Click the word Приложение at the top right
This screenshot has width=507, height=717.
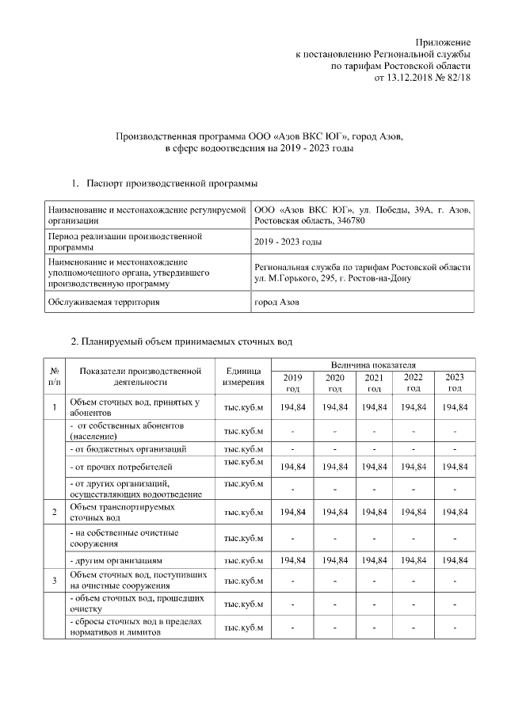point(444,41)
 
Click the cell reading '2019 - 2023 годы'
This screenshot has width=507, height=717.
point(287,242)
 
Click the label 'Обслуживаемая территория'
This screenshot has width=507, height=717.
point(103,303)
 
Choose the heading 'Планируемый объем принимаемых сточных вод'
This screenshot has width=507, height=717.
point(182,341)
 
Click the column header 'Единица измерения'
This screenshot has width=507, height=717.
point(243,376)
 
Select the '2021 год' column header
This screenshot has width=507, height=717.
point(374,383)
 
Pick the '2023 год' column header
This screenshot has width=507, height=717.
point(455,383)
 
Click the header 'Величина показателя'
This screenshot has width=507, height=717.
point(374,363)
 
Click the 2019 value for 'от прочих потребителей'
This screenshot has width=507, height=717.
point(293,467)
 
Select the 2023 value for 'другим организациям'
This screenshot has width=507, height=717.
point(455,560)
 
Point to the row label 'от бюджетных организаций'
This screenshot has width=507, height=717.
point(128,448)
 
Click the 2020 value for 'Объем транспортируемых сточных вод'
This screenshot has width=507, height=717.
point(334,513)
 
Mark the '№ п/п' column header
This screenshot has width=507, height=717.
point(55,376)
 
